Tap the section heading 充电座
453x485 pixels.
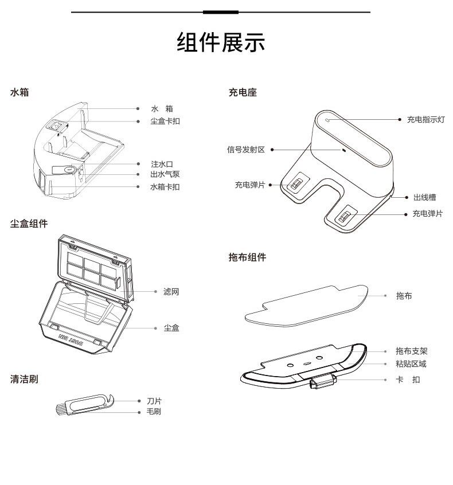(243, 92)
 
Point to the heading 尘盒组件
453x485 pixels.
(29, 224)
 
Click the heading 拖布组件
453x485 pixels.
(248, 257)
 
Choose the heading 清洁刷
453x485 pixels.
(24, 379)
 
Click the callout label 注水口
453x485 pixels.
(161, 164)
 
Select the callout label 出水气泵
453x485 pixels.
(165, 174)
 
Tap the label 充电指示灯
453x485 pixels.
(425, 119)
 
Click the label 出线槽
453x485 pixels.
(424, 197)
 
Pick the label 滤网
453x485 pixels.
(171, 292)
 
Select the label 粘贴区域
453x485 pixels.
(411, 364)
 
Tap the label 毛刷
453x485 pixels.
(154, 412)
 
